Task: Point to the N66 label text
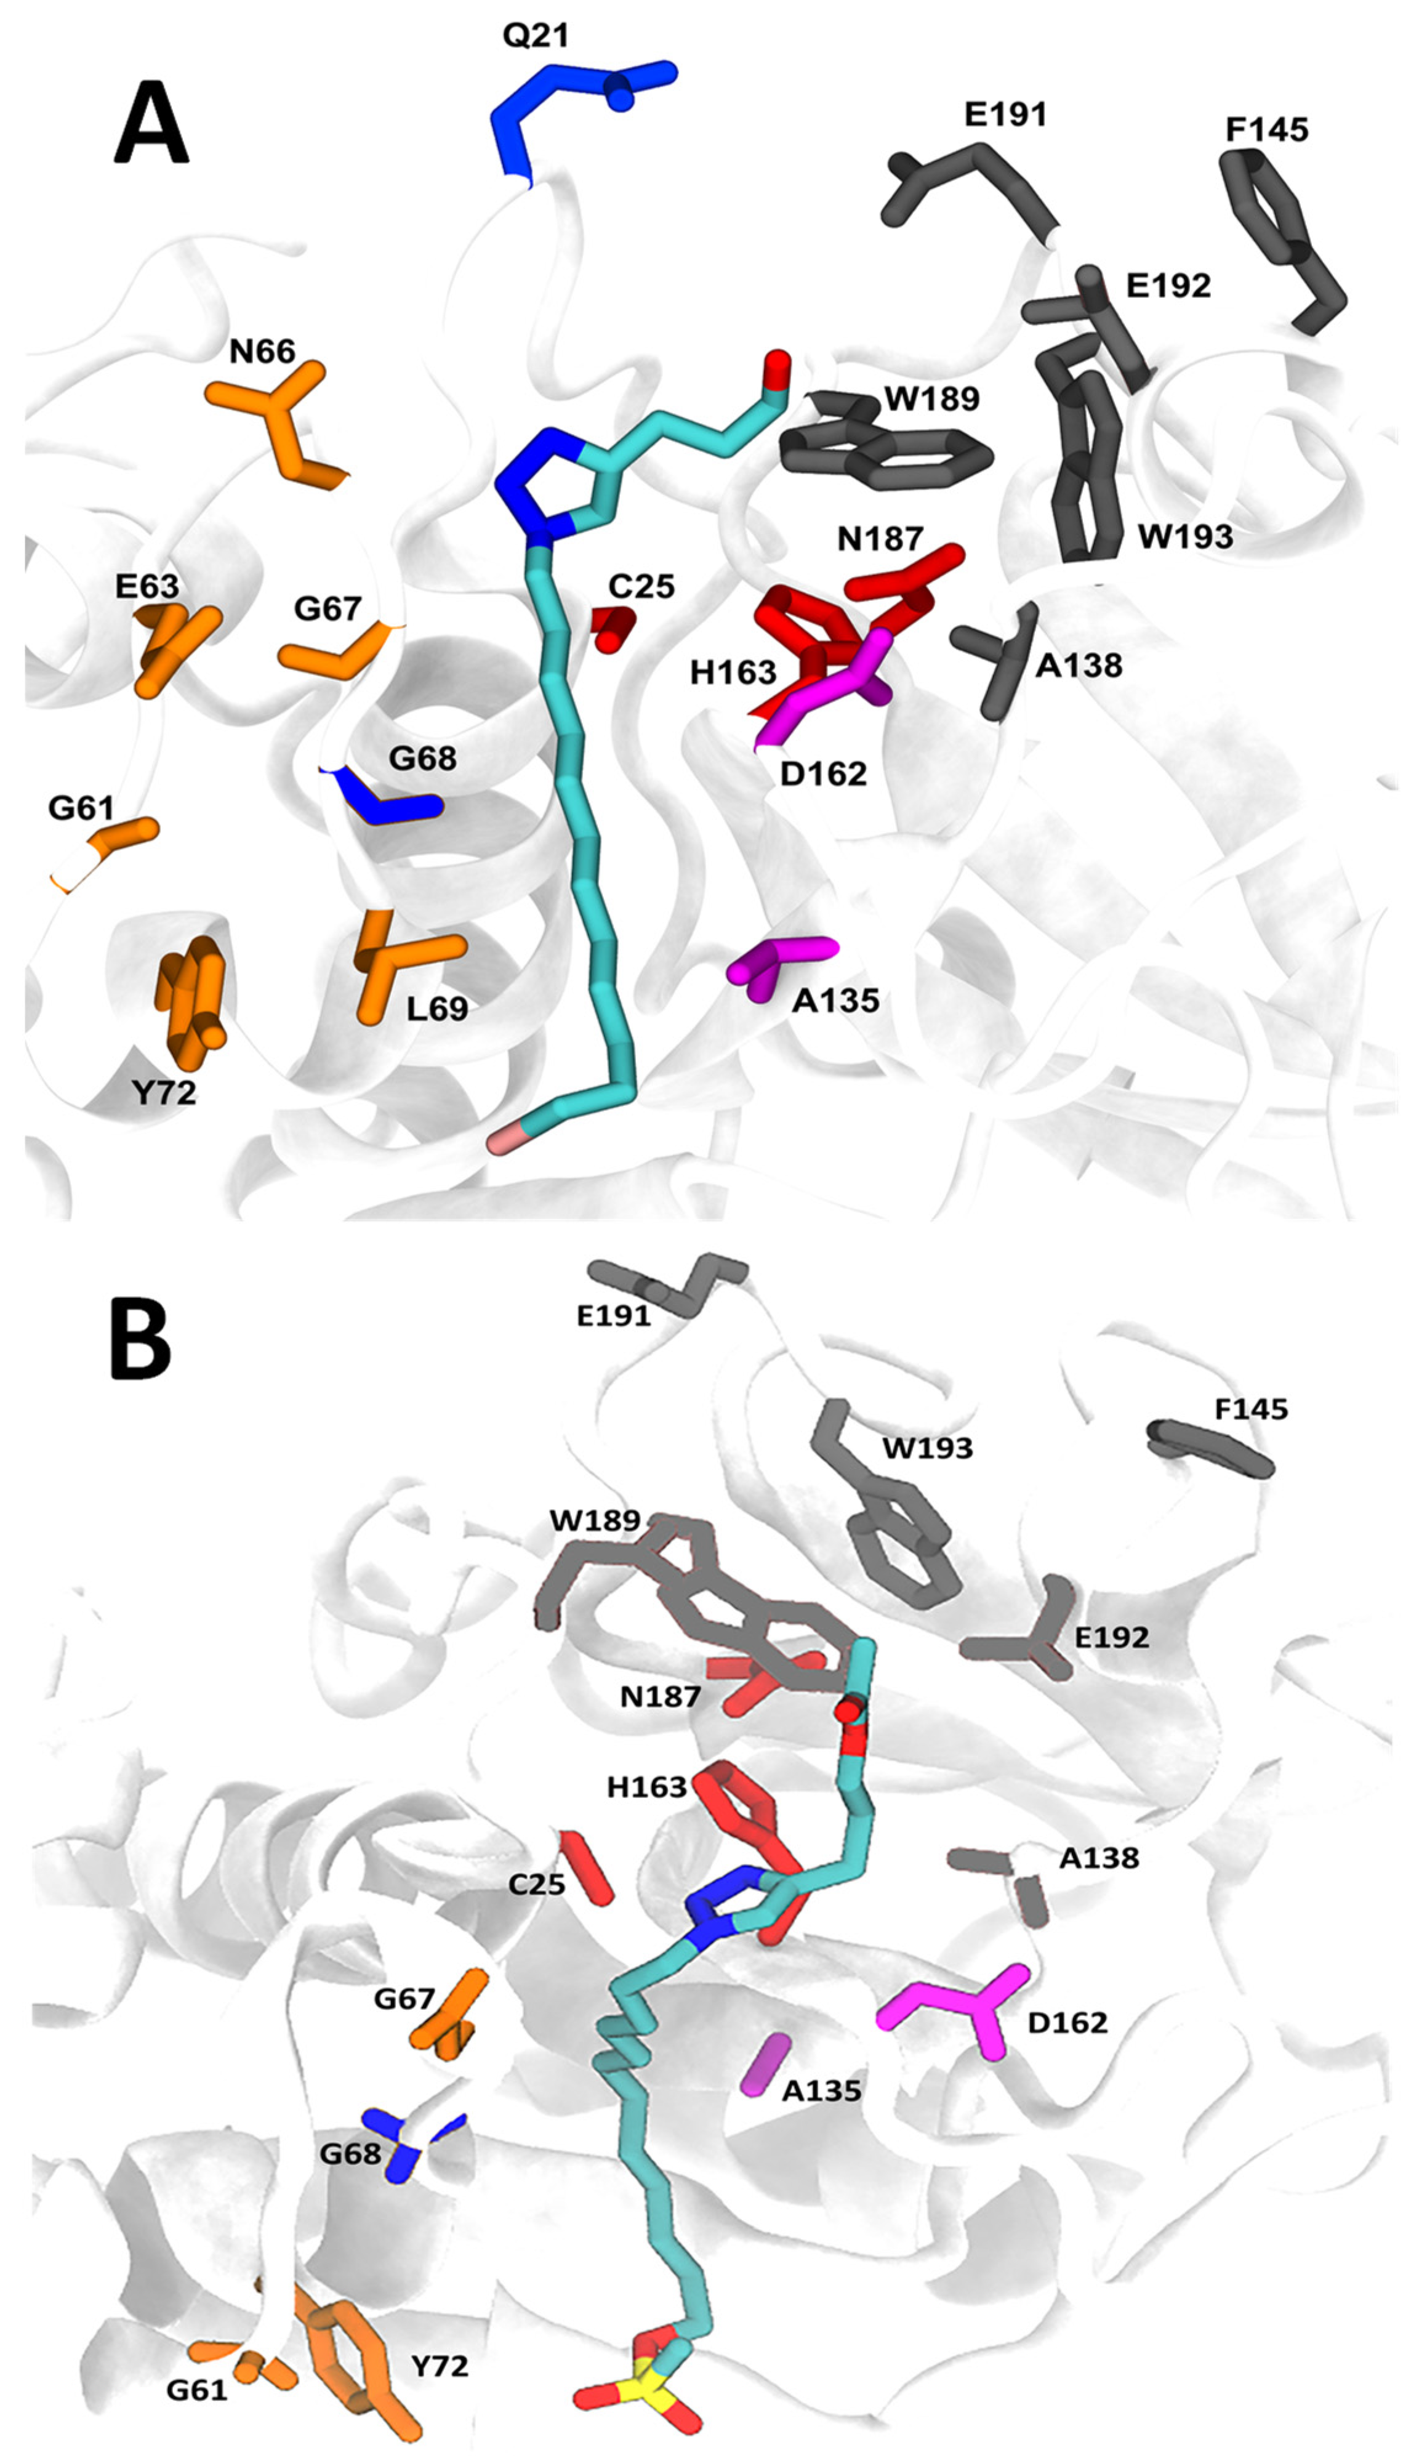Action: [262, 351]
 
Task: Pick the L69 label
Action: [437, 1008]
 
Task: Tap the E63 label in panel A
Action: [147, 586]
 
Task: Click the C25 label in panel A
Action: [641, 586]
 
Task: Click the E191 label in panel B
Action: [613, 1316]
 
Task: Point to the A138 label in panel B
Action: [1099, 1857]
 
